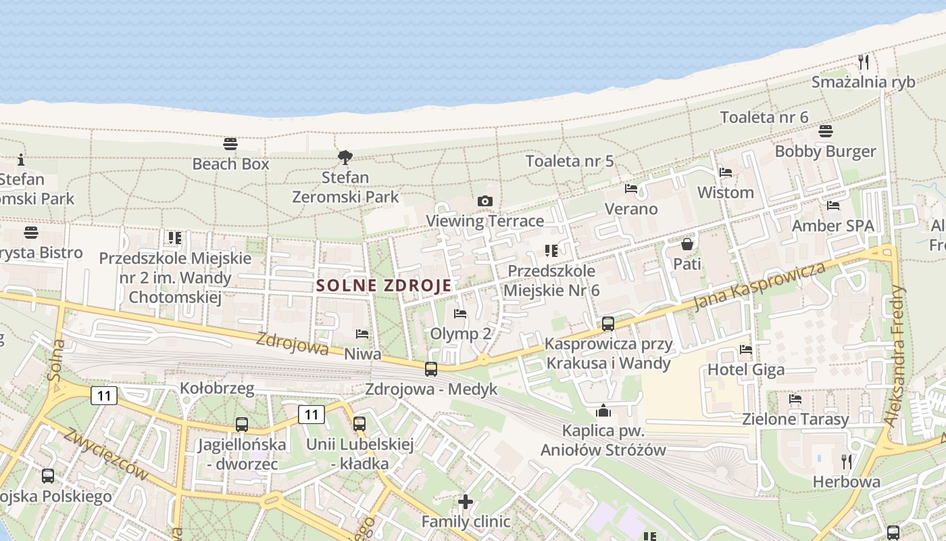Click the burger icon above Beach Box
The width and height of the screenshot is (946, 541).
[230, 144]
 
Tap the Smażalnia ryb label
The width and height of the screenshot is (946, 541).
[863, 82]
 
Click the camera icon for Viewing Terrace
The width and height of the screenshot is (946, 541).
[484, 201]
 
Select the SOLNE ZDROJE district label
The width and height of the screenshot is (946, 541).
[384, 285]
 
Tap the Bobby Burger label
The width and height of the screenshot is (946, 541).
[825, 151]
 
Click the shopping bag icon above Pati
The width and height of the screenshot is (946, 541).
[687, 244]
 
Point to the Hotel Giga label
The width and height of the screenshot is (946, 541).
[746, 369]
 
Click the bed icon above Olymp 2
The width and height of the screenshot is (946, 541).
[460, 314]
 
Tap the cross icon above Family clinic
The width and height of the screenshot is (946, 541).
[466, 502]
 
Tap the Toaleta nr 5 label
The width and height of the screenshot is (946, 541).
[570, 161]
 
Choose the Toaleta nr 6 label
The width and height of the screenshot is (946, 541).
[764, 117]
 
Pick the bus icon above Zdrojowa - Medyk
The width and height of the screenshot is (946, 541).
[431, 369]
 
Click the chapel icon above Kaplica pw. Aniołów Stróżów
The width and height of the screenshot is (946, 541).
[603, 410]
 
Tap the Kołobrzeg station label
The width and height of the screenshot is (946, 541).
[217, 388]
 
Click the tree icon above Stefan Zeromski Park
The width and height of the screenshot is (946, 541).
[345, 158]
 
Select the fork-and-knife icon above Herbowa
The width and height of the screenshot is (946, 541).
[846, 462]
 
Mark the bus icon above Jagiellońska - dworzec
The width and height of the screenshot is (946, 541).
[242, 425]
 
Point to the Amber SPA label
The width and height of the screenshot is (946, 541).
[832, 225]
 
